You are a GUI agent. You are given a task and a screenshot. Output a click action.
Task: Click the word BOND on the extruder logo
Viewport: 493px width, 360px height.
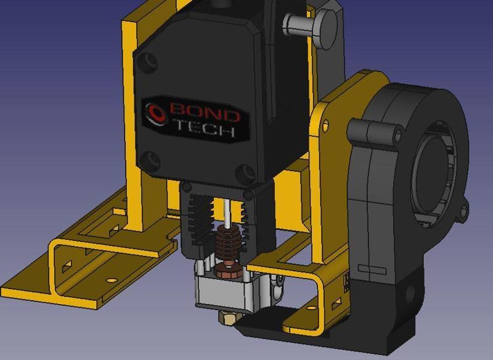pyautogui.click(x=203, y=113)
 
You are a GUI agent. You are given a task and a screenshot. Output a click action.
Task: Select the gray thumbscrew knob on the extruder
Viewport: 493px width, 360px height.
pyautogui.click(x=301, y=25)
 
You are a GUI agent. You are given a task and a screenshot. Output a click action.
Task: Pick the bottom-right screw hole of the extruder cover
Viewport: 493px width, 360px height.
pyautogui.click(x=248, y=171)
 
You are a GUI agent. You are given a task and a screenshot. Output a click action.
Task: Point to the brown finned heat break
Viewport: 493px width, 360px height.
pyautogui.click(x=226, y=243)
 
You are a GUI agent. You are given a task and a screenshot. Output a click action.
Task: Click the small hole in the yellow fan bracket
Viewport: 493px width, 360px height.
pyautogui.click(x=325, y=126)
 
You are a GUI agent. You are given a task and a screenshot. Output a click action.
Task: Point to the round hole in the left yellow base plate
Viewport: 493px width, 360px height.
pyautogui.click(x=111, y=280)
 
